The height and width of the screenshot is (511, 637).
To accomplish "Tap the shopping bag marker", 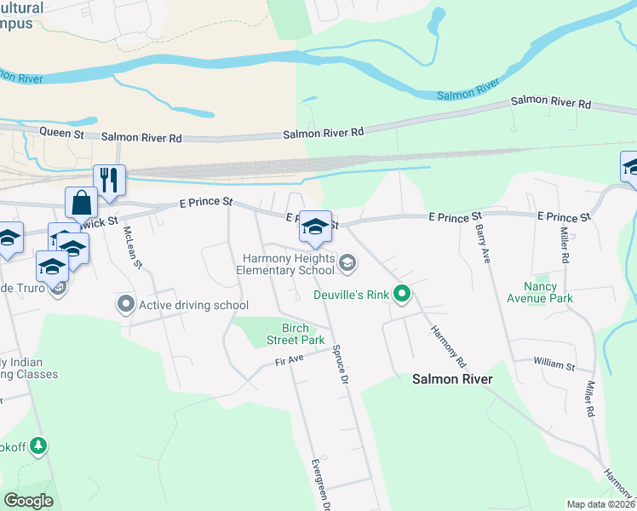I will (81, 204).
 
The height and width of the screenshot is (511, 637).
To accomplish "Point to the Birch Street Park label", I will (303, 334).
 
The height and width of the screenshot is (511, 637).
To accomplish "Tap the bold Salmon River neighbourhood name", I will (452, 379).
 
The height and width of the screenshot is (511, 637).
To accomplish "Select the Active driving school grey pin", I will (127, 304).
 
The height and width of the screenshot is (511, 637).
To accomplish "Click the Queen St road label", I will (62, 133).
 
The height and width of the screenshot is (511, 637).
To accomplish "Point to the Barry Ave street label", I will (482, 244).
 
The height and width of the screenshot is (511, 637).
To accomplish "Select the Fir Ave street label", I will (290, 361).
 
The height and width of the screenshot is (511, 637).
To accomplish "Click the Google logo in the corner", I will (29, 500).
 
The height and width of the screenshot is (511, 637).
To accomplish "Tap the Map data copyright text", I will (600, 504).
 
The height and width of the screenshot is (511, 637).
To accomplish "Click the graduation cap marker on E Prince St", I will (315, 227).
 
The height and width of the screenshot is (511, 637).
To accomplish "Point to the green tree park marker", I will (37, 445).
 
